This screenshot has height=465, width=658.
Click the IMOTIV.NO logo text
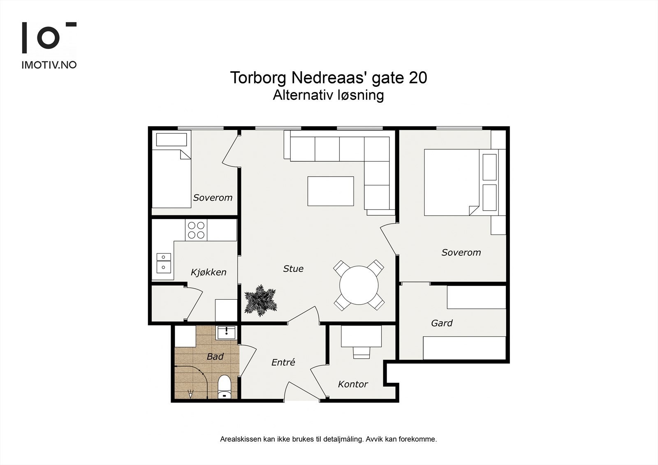coord(49,65)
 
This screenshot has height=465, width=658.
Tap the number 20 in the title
coord(417,78)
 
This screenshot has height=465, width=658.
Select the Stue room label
coord(293,268)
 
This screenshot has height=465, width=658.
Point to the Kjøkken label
coord(209,272)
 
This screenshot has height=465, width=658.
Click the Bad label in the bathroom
coord(215,356)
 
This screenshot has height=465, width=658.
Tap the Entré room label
coord(283,362)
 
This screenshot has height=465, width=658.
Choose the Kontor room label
coord(353,384)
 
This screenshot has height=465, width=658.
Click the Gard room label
coord(442,323)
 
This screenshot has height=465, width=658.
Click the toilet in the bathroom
coord(225,387)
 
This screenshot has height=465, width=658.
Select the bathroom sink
coord(226,333)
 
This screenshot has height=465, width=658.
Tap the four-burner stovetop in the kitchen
coord(196,230)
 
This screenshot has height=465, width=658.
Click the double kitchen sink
coord(164,263)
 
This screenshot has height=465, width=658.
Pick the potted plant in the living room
coord(261,300)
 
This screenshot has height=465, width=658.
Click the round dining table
coord(359,285)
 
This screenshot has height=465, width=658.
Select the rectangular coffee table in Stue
coord(331,191)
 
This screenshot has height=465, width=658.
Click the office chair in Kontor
coord(361,352)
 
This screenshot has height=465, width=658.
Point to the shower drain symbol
coord(190,393)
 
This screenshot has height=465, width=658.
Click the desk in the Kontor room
coord(361,336)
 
